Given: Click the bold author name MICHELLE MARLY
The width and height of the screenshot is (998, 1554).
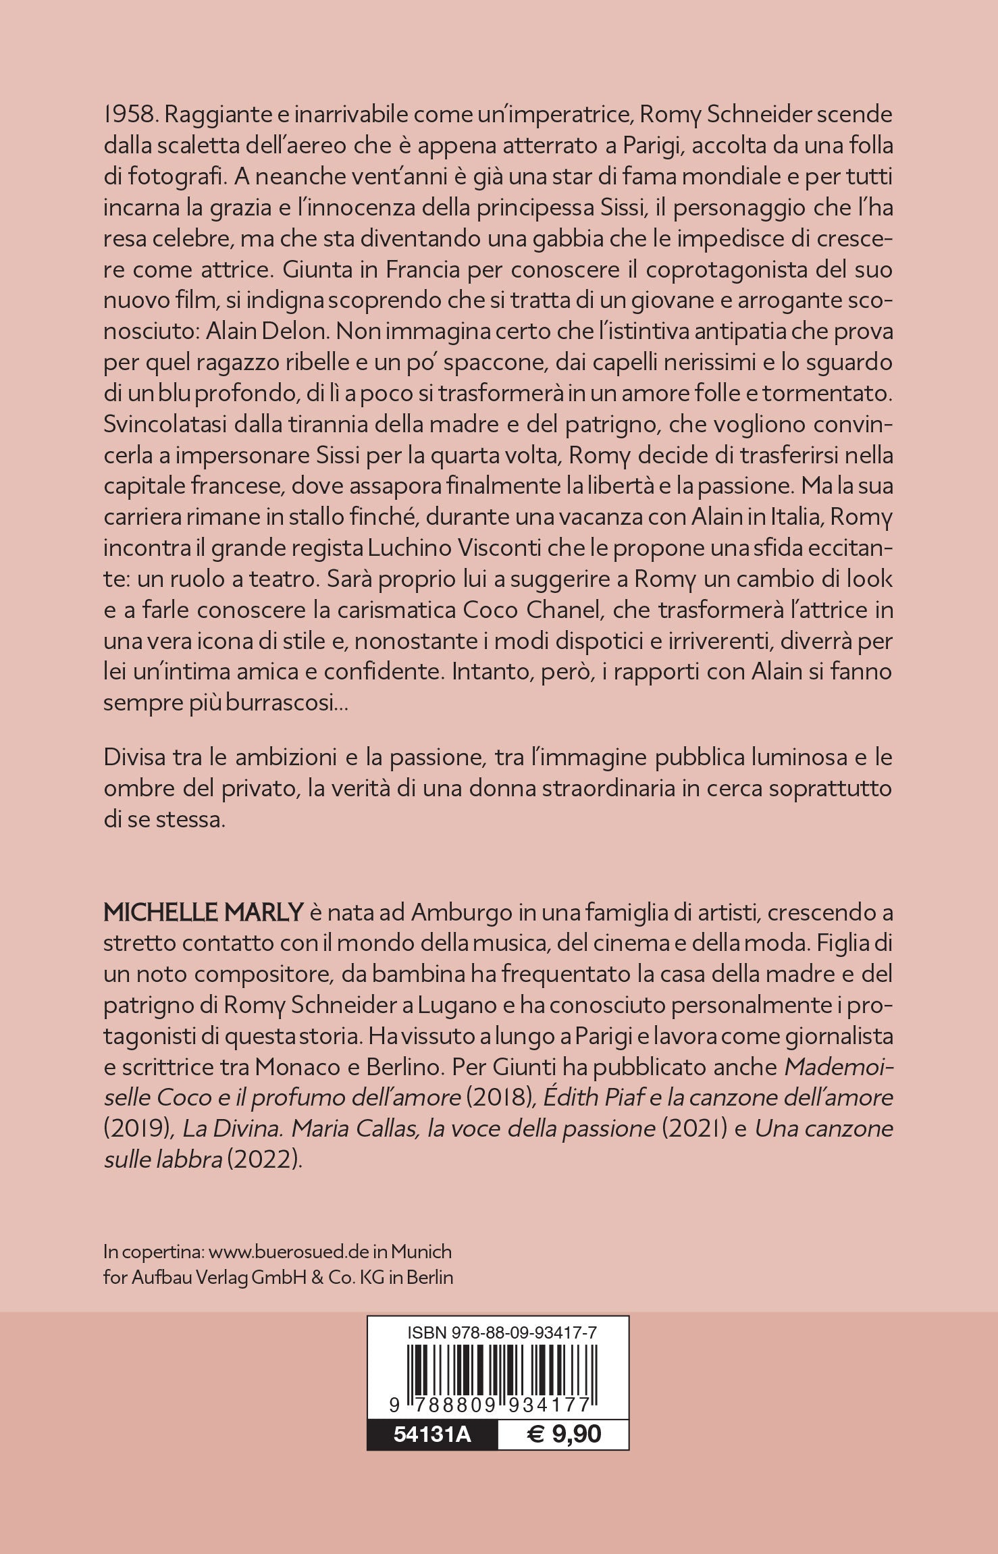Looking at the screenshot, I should (203, 912).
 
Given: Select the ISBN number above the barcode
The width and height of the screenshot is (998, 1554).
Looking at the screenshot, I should (502, 1333).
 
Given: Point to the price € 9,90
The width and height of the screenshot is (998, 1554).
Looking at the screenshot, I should (564, 1433).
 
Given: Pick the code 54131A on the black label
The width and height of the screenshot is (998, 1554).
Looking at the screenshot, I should (432, 1433).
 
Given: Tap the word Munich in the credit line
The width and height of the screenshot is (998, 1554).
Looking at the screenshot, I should (421, 1251).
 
